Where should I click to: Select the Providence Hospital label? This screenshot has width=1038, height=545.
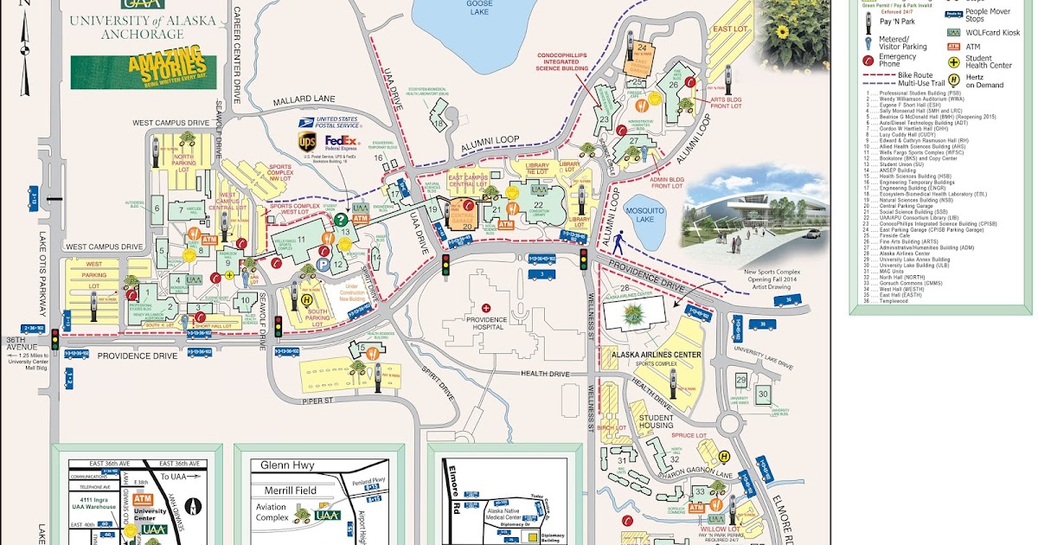(x=486, y=321)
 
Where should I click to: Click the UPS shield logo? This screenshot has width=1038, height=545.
(x=307, y=140)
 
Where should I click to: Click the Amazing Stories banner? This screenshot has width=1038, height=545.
(x=144, y=73)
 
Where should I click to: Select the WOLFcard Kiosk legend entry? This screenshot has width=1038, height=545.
(x=987, y=31)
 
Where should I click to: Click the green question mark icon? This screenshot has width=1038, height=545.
(x=341, y=220)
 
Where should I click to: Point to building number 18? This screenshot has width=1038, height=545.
(x=439, y=123)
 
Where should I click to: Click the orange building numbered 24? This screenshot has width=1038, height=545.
(x=642, y=48)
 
